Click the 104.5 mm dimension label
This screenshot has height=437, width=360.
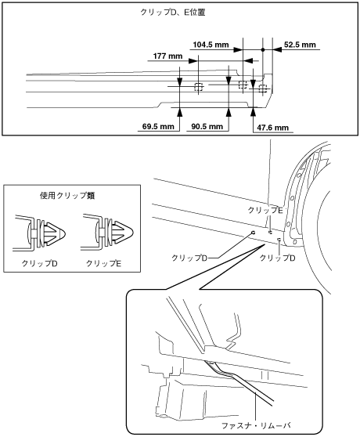(x=211, y=45)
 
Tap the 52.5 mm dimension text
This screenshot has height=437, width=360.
(x=300, y=45)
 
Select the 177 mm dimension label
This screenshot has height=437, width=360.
(x=167, y=56)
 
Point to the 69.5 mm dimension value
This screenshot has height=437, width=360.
(x=158, y=127)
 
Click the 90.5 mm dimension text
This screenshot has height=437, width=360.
(x=207, y=127)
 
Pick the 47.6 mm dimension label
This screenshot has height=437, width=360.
(x=272, y=128)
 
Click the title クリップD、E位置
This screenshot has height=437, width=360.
(x=173, y=13)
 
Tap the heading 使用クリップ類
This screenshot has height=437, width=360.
(x=67, y=195)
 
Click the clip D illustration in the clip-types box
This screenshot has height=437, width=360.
(x=39, y=233)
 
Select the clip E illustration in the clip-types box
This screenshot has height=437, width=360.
(x=107, y=232)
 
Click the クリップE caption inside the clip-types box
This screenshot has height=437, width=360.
(x=103, y=263)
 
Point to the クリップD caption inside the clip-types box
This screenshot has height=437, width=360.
(x=40, y=263)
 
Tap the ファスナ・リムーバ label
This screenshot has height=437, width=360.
(x=256, y=425)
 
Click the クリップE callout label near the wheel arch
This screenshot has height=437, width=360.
(x=265, y=210)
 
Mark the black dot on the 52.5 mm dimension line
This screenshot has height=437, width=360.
(x=262, y=49)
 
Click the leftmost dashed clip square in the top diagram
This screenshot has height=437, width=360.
(x=198, y=87)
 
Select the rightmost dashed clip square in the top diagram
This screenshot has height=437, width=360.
(x=262, y=88)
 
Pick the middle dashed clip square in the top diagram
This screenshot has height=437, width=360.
(x=243, y=84)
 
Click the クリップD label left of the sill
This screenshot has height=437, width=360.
(x=189, y=258)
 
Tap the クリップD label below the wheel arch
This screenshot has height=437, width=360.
(x=277, y=258)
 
